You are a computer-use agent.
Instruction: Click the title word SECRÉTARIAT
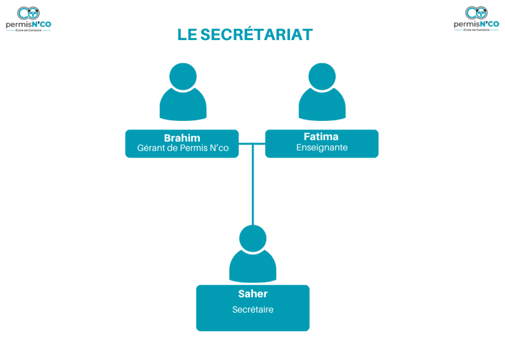coord(256,35)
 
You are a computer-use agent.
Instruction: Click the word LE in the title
coord(187,35)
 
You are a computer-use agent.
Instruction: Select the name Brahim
coord(182,137)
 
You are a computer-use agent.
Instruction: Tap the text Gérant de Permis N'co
coord(183,148)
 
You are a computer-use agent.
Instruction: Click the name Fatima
coord(322,137)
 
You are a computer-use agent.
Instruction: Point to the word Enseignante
coord(322,148)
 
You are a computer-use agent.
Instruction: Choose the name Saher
coord(252,294)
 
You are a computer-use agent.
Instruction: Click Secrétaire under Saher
coord(252,309)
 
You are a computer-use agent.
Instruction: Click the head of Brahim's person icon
coord(183,76)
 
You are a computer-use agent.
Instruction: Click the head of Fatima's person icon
coord(322,76)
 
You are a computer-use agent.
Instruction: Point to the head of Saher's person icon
coord(252,238)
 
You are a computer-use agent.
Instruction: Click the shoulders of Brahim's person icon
coord(183,106)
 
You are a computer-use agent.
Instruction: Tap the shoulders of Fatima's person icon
coord(322,106)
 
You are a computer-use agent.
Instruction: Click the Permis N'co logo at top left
coord(28,18)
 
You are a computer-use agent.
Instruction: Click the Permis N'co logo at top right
coord(476,18)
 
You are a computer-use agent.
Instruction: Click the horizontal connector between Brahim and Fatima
coord(252,143)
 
